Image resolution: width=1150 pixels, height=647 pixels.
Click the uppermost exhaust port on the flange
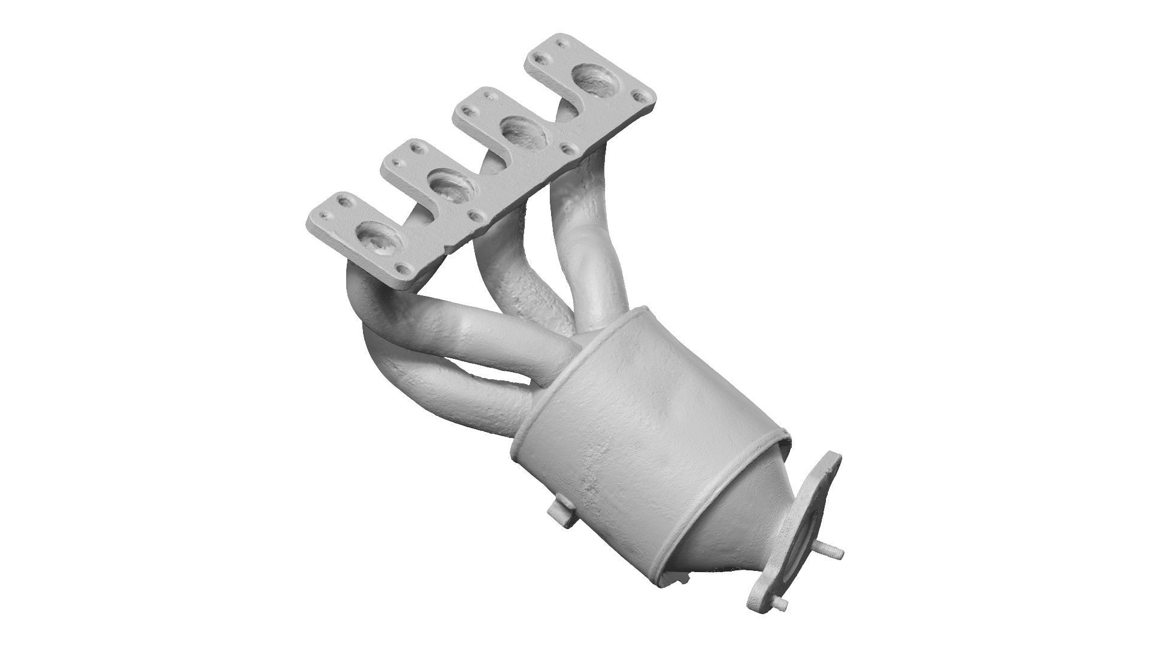(x=596, y=80)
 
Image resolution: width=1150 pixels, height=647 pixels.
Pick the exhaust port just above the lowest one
(x=452, y=186)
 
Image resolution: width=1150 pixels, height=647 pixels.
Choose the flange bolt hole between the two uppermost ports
(x=566, y=146)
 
